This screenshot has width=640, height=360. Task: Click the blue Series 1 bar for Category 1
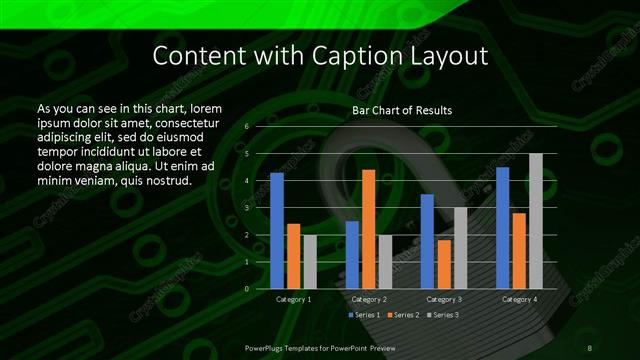pos(277,231)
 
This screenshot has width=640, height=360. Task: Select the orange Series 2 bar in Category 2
pos(369,229)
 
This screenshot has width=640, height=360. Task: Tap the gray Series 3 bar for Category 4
pos(536,221)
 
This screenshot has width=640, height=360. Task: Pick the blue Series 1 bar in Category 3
pos(427,241)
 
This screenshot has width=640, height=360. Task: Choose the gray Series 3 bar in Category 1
pos(310,262)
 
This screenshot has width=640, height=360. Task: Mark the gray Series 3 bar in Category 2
pos(386,262)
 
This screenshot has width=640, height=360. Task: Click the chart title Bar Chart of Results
pos(402,110)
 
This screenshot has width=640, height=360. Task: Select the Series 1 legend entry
pos(364,315)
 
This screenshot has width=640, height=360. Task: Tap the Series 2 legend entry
pos(403,315)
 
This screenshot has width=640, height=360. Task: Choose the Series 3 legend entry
pos(442,315)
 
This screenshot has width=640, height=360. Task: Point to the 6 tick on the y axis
pos(247,127)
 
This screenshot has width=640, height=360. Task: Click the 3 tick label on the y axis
pos(247,208)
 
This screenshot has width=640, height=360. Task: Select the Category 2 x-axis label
pos(369,299)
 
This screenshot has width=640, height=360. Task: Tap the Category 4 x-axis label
pos(519,299)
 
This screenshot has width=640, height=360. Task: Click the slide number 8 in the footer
pos(589,347)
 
